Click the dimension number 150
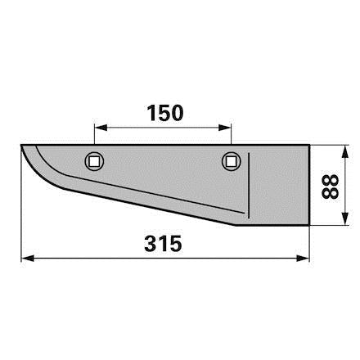[x=165, y=113]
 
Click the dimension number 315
[x=163, y=244]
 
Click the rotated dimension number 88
[x=330, y=187]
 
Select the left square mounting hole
[x=94, y=162]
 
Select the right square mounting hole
[x=232, y=162]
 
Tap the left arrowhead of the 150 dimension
[x=101, y=128]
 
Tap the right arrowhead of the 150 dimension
[x=225, y=128]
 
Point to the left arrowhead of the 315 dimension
[x=28, y=259]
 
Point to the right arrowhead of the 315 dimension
[x=303, y=259]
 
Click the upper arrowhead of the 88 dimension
[x=345, y=151]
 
